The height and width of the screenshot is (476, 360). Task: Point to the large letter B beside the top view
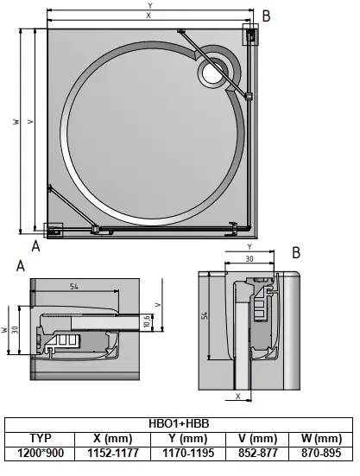(266, 15)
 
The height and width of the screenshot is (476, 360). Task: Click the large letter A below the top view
(35, 244)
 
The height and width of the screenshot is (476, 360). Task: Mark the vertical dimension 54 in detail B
(205, 318)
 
